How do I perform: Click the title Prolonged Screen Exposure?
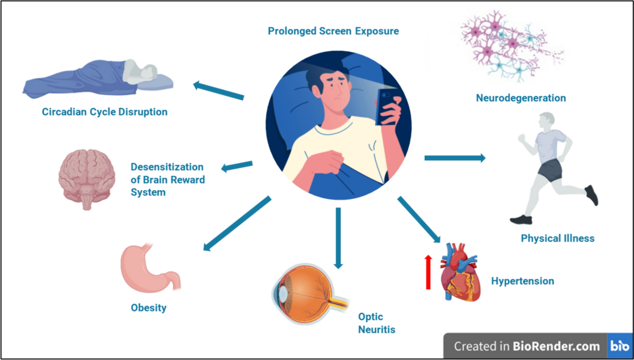(333, 31)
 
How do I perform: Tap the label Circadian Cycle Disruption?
(105, 112)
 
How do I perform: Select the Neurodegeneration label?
(520, 98)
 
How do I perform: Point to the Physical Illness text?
(557, 238)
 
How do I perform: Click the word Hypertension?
(523, 281)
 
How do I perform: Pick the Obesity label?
(148, 308)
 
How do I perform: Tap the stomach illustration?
(150, 268)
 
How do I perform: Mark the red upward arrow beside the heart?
(428, 272)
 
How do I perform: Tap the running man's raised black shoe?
(592, 195)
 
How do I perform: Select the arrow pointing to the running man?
(454, 158)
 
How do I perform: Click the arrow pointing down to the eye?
(338, 237)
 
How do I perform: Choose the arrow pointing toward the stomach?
(236, 223)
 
